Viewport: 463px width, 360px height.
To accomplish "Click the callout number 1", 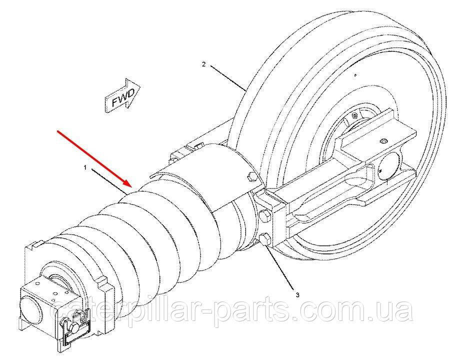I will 85,169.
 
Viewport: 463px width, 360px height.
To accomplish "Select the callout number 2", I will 203,64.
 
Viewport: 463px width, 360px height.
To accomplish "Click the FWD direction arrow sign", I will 122,96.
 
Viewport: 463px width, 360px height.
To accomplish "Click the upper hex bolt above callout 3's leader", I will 264,216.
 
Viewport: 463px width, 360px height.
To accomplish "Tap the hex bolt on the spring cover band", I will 249,176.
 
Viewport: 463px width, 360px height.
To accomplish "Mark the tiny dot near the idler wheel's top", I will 354,75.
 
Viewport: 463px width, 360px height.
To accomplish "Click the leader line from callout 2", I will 227,78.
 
